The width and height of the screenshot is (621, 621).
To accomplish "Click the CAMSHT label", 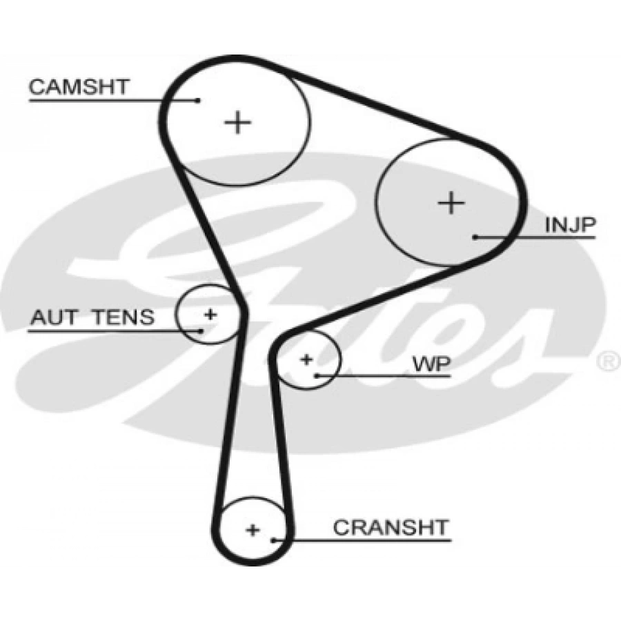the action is pos(79,87).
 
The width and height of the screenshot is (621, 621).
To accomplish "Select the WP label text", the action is pos(432,364).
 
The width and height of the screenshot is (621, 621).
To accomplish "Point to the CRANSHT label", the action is pos(391,528).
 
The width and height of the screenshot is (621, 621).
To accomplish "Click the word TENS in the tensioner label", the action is pos(124,317).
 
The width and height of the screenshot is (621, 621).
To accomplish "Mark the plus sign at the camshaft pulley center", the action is pos(237,122).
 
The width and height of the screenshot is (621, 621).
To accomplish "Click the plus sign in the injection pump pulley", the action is pos(451,203).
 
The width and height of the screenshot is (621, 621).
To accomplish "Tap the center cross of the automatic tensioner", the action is pos(210,315).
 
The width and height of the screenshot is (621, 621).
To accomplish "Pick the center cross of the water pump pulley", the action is pos(306,359).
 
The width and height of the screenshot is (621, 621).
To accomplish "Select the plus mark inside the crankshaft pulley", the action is pos(253,530).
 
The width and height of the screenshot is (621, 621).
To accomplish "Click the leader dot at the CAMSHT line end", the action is pos(198,100).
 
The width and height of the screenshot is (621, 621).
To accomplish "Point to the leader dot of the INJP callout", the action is pos(475,237).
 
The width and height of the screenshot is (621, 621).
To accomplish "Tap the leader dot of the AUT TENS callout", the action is pos(201,331).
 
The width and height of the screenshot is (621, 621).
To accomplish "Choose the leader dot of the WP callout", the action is pos(317,375).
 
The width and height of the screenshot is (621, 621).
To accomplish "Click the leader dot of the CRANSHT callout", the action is pos(273,540).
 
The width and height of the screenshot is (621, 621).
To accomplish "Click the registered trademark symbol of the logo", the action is pos(609,361).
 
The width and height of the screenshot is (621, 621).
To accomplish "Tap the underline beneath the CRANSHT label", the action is pos(362,540).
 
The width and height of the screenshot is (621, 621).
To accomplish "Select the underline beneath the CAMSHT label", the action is pos(113,101).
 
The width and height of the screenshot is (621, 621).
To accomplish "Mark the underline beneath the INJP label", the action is pos(535,237).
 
